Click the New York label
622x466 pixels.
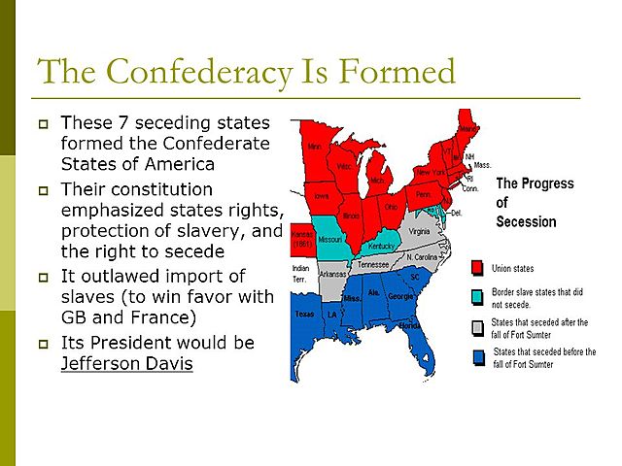[x=431, y=171]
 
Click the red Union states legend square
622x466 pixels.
[x=477, y=268]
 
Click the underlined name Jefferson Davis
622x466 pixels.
[x=126, y=364]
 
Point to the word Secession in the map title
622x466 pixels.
[x=526, y=221]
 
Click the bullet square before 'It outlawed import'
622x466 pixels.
[x=42, y=278]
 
